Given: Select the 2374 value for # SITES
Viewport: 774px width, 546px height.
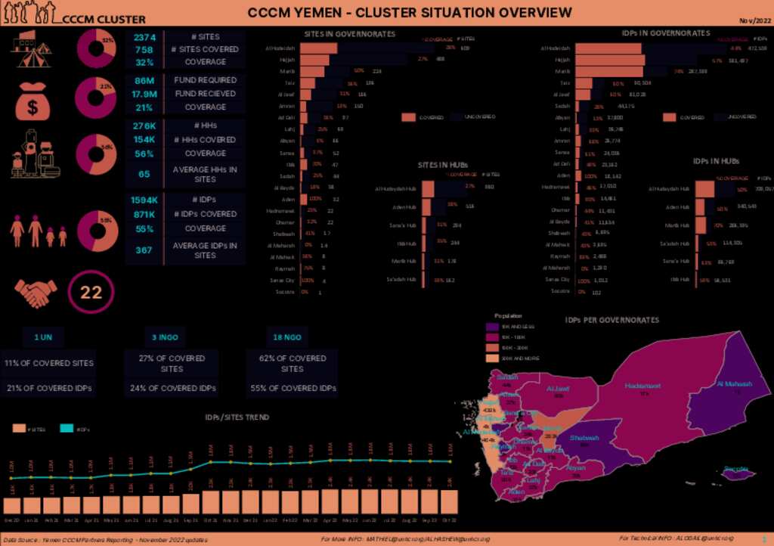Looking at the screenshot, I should tap(144, 37).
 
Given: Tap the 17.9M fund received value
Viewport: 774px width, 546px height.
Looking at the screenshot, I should tap(144, 94).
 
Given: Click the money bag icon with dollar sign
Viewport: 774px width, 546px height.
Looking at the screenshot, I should tap(33, 101).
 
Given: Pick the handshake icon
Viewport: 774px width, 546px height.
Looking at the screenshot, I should tap(36, 292).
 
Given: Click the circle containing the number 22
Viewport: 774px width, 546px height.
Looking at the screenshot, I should tap(91, 293).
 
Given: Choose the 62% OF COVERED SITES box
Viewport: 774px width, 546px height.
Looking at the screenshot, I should tap(293, 363).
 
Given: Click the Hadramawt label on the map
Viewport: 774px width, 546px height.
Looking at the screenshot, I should tap(643, 386).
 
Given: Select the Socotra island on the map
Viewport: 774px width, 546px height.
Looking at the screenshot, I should tap(737, 472).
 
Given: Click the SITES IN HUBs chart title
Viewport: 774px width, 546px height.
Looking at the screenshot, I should tap(442, 165).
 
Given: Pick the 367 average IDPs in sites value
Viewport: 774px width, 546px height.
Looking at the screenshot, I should tap(144, 250).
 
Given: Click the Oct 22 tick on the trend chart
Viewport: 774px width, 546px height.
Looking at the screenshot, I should tap(449, 521).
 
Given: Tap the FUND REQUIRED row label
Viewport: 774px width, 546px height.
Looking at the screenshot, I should tap(205, 80).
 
